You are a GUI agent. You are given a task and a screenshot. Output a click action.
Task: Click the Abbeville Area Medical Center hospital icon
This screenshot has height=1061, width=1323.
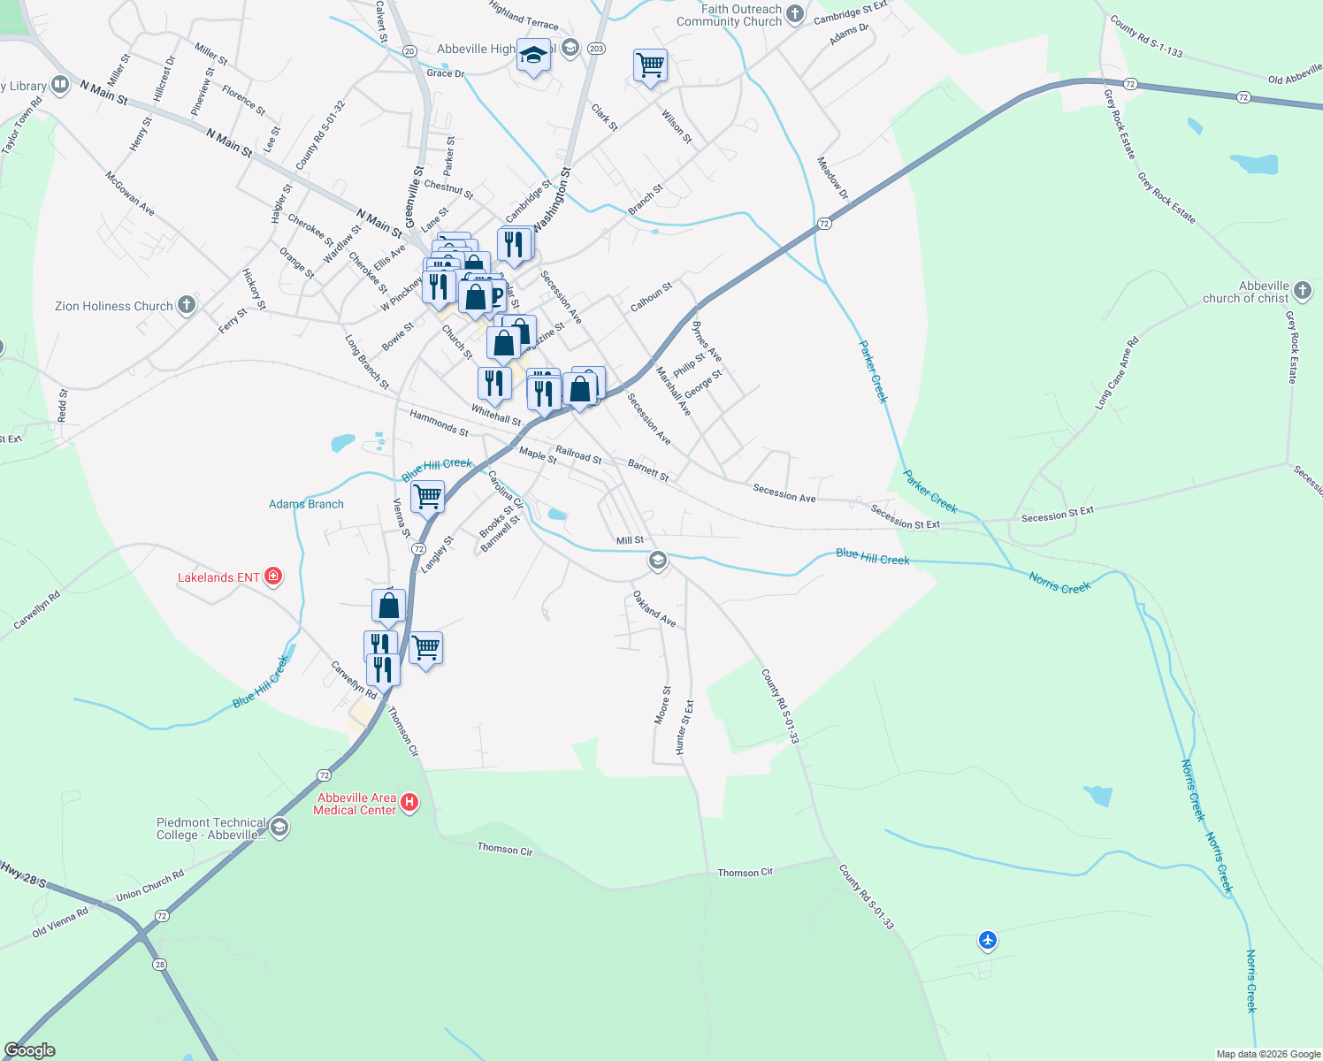point(409,803)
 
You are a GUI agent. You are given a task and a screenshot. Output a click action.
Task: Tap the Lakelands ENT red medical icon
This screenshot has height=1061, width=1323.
point(273,577)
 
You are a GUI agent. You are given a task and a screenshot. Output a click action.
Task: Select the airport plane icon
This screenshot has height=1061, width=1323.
point(988,940)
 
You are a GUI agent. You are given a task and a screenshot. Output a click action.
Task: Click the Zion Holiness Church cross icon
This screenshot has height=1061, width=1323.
point(186,306)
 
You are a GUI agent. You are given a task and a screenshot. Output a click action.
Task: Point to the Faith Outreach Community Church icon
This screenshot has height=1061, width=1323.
point(795,14)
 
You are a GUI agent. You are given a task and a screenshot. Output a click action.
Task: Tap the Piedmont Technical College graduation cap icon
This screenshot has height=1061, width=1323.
point(279,828)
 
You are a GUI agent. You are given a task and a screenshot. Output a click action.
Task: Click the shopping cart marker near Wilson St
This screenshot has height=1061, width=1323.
point(650,65)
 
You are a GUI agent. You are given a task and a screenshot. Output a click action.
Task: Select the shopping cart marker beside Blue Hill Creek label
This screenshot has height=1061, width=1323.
point(428,496)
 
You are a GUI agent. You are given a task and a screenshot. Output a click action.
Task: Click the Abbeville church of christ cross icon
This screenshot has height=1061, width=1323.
point(1302,290)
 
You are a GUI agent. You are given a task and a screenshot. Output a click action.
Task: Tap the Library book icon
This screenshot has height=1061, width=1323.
point(60,85)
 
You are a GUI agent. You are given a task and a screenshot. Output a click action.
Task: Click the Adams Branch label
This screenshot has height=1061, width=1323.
point(306,504)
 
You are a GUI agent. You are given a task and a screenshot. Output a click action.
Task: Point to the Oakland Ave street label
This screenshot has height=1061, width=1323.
point(654,610)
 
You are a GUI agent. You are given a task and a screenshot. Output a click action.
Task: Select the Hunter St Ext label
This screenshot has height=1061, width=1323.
point(684,728)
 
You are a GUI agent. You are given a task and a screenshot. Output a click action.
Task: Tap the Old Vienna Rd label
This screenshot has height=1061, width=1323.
point(60,921)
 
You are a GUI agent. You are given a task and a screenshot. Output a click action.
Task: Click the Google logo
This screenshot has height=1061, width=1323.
point(30,1050)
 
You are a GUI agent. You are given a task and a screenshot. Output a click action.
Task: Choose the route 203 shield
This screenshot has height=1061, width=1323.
point(596,49)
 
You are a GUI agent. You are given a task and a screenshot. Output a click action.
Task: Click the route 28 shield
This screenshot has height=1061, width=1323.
point(159,964)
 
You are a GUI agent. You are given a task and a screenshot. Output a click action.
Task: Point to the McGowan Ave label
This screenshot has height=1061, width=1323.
point(130,193)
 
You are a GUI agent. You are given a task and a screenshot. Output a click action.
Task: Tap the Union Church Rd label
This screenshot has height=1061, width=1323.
point(150,886)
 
